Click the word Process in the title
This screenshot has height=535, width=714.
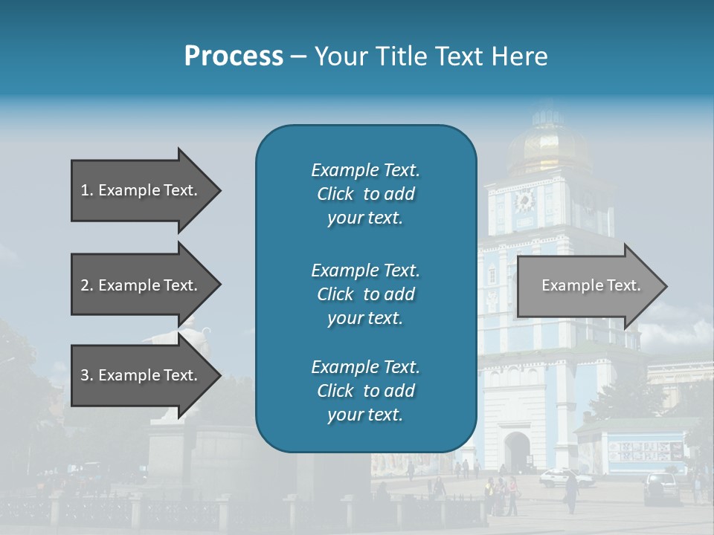point(234,56)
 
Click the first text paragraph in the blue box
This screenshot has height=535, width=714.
point(365,194)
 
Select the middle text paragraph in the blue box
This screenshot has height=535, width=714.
point(365,294)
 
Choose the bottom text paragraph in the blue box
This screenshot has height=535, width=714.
point(365,391)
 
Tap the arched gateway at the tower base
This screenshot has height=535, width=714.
point(517,450)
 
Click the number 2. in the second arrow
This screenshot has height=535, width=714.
point(87,285)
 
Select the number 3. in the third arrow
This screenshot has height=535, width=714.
point(87,375)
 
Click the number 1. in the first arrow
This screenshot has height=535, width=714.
point(87,190)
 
